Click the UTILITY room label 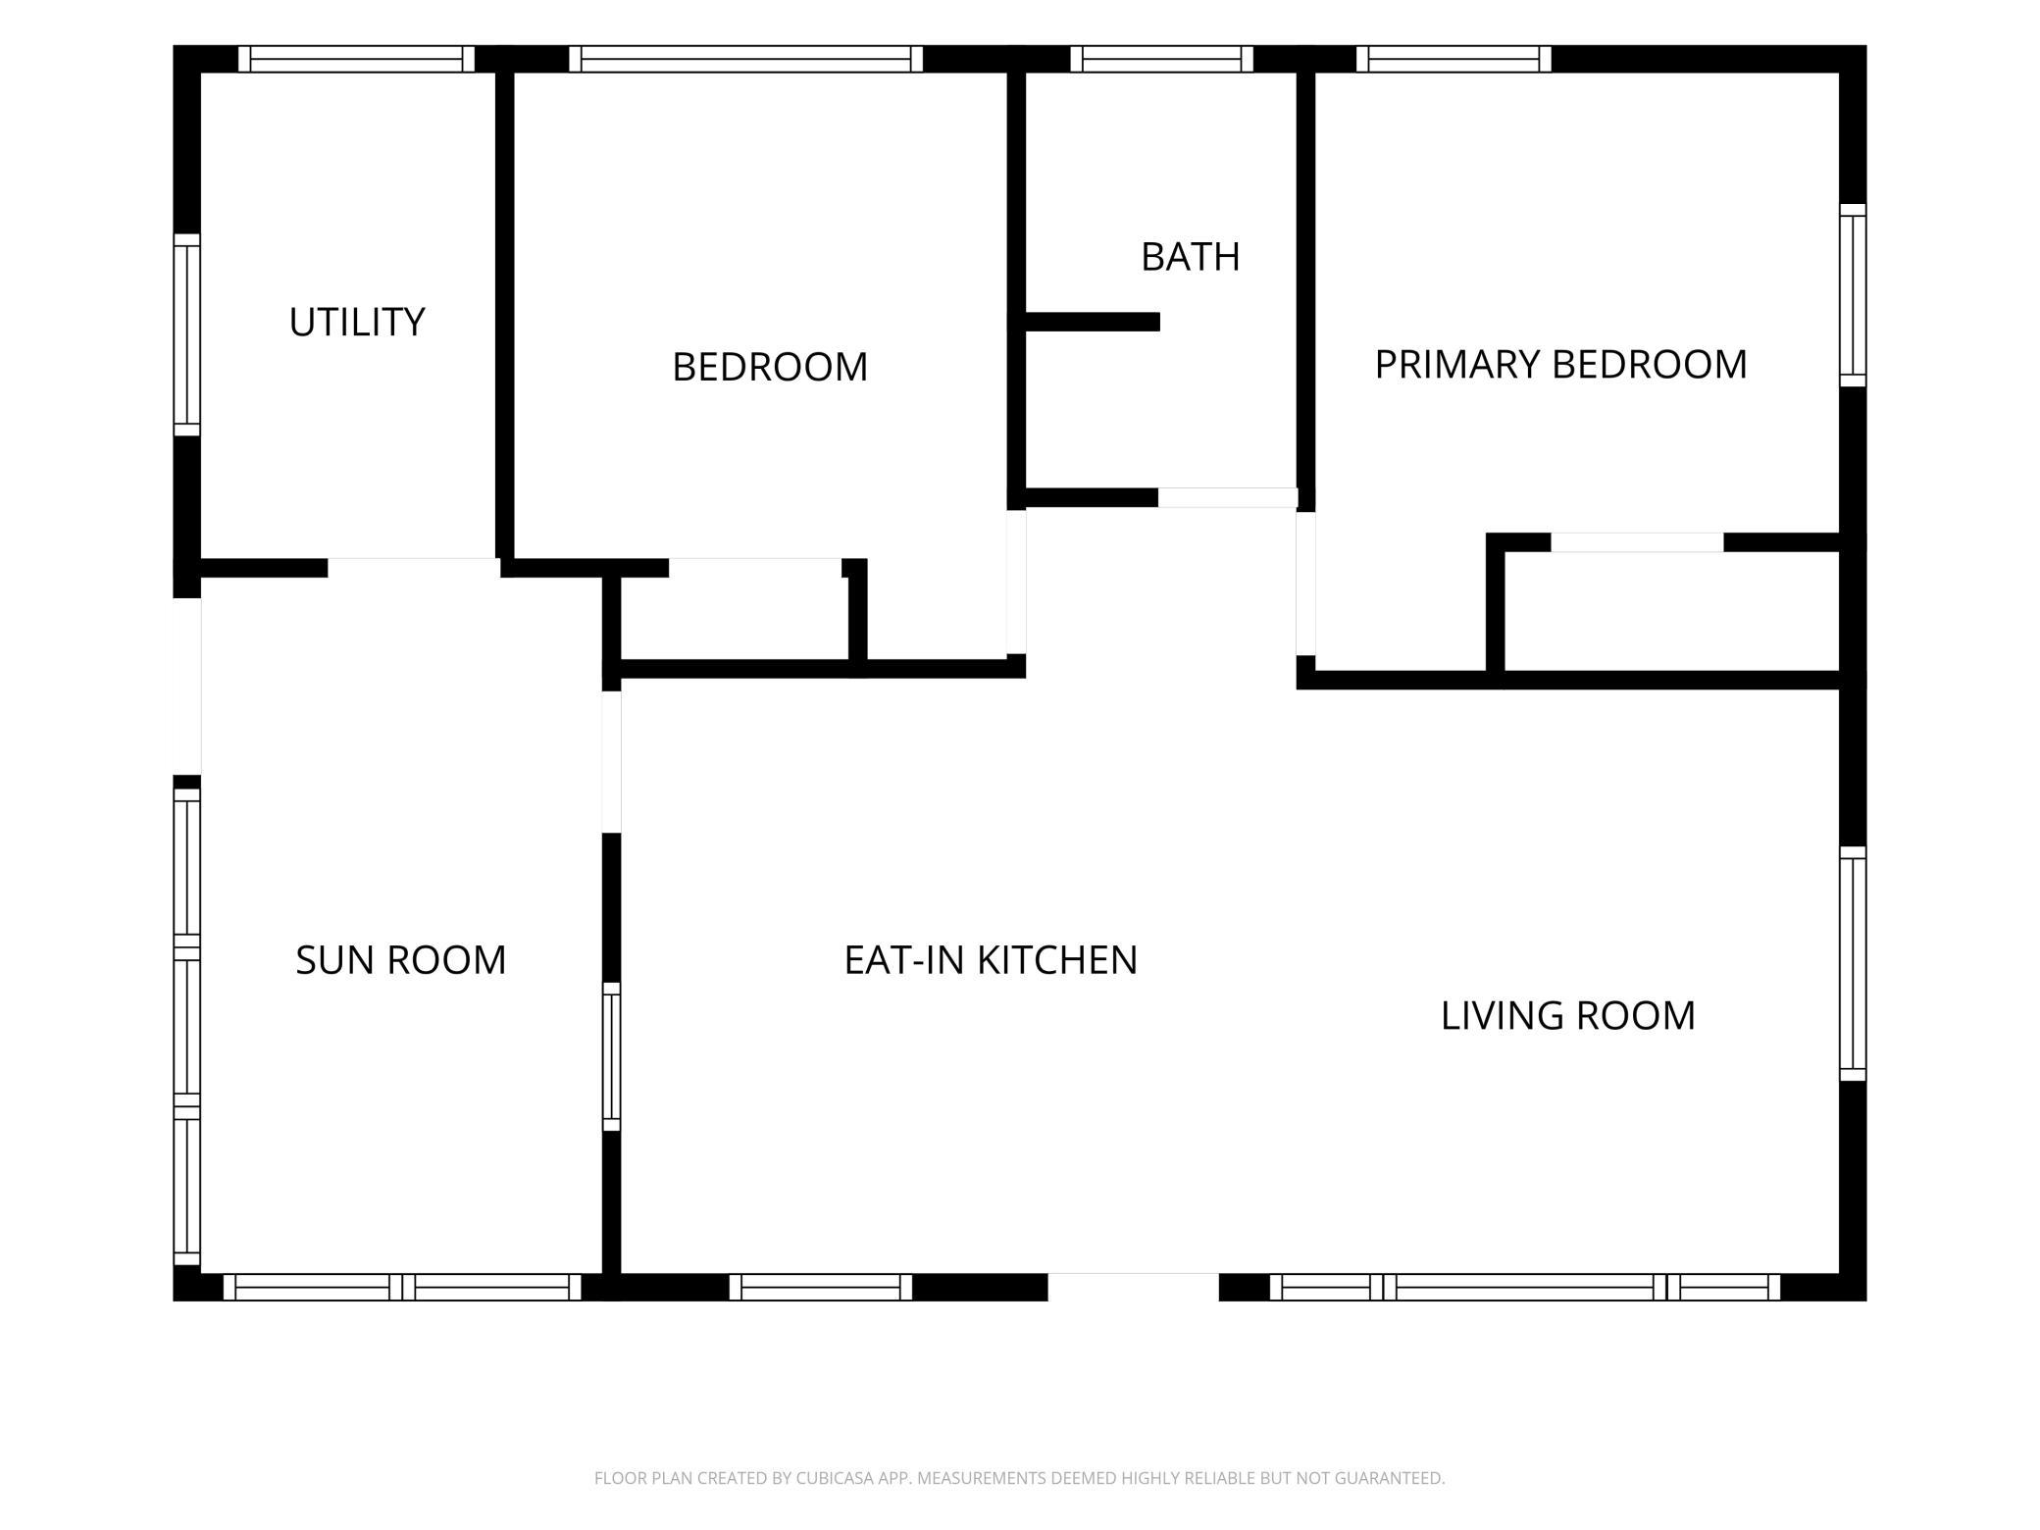pos(357,323)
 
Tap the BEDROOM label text pos(770,368)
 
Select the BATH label pos(1191,257)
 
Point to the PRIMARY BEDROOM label pos(1560,365)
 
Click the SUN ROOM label pos(401,960)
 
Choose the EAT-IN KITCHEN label pos(991,960)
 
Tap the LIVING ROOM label pos(1568,1016)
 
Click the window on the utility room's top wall pos(357,59)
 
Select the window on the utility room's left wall pos(187,334)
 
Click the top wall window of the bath pos(1162,59)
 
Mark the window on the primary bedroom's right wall pos(1853,295)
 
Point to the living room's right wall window pos(1853,964)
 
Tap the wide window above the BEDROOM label pos(746,59)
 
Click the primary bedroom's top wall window pos(1453,59)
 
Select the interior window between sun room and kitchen pos(611,1057)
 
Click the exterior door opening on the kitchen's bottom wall pos(1134,1287)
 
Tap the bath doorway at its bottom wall pos(1228,498)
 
